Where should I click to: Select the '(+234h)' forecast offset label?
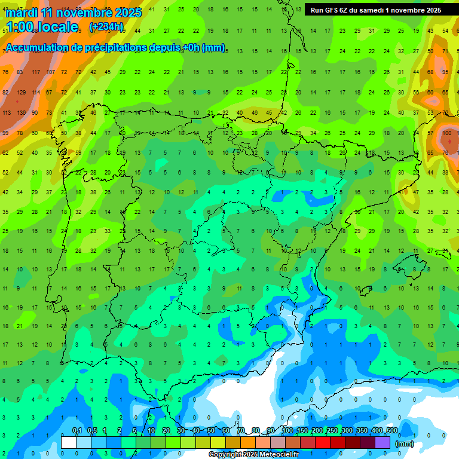(x=106, y=26)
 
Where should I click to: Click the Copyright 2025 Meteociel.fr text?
(x=253, y=455)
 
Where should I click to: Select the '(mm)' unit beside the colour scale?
(x=405, y=443)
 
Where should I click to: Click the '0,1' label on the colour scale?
(x=77, y=431)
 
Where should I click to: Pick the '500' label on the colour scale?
(x=391, y=431)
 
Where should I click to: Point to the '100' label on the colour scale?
(x=287, y=431)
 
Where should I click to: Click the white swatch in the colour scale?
(x=69, y=442)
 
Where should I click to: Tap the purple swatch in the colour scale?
(x=382, y=442)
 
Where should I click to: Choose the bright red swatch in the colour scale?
(x=323, y=442)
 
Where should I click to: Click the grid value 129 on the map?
(x=22, y=92)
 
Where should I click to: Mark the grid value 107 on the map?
(x=51, y=72)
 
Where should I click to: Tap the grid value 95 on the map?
(x=445, y=72)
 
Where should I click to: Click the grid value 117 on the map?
(x=36, y=72)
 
